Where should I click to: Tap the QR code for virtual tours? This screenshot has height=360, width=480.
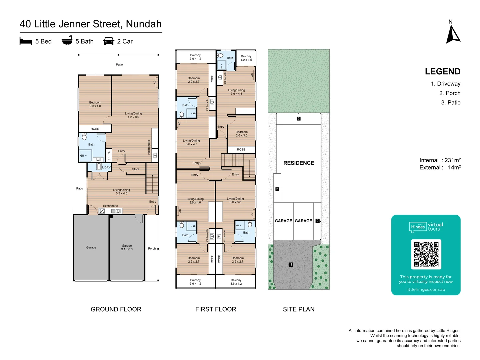426,254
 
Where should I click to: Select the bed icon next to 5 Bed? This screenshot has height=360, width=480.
26,41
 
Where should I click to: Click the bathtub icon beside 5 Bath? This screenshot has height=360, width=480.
67,41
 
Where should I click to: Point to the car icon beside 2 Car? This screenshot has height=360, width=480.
109,41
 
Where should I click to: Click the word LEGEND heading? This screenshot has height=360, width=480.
442,72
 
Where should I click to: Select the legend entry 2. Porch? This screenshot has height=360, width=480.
450,93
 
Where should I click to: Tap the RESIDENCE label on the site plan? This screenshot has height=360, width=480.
299,163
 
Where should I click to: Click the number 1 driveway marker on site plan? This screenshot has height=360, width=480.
291,265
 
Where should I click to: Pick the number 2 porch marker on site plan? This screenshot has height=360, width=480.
317,221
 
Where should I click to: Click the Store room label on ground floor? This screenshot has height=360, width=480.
136,169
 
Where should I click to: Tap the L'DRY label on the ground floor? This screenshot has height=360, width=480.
106,167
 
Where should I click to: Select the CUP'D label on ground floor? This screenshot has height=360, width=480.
109,155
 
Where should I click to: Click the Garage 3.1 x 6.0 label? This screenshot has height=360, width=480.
127,247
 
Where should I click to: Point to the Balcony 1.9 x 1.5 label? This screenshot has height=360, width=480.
246,58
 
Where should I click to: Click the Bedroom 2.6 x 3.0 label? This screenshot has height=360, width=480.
241,134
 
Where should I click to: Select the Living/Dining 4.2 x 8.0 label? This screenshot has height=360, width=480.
133,115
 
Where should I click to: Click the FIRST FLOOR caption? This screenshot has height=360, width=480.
216,309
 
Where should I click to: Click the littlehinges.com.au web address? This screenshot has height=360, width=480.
426,289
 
